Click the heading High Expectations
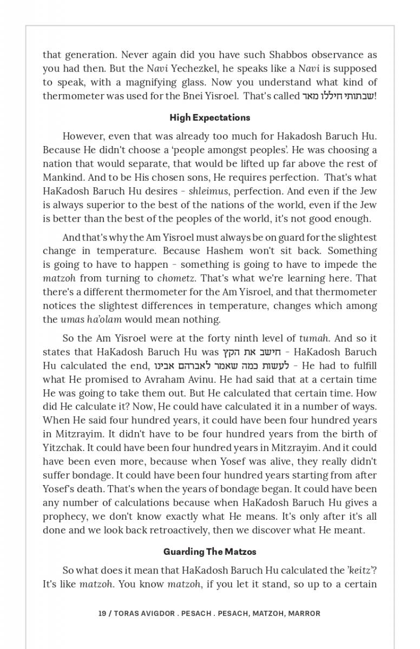209,117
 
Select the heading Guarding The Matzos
209,552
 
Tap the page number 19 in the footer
102,613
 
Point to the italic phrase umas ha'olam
91,319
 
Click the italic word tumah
314,339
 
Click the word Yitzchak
62,447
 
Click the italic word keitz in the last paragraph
359,571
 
